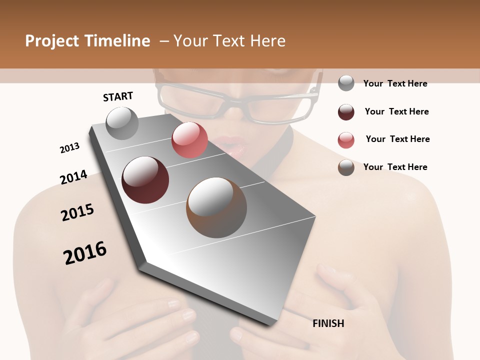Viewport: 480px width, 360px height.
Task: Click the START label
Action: point(118,96)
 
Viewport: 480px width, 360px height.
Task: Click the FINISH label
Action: point(328,323)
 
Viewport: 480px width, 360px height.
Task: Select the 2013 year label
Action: point(69,148)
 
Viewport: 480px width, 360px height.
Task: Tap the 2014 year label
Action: point(73,177)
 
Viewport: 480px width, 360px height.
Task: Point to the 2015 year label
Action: point(77,212)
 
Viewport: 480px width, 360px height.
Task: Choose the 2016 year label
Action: point(85,252)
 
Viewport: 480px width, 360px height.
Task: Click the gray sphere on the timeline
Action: point(122,123)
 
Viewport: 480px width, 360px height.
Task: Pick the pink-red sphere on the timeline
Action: point(189,140)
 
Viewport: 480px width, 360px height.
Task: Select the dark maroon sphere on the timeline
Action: point(145,180)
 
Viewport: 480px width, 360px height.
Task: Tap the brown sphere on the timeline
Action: point(216,207)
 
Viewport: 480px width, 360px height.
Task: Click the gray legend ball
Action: point(346,83)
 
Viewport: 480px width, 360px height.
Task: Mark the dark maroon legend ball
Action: point(346,112)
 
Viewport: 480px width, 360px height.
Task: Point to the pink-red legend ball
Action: point(346,140)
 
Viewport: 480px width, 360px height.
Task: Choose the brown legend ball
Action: point(346,167)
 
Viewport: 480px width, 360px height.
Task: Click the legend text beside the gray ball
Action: point(395,83)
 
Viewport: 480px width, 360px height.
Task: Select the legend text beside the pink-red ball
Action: point(397,139)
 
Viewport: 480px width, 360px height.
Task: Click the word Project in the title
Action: point(52,41)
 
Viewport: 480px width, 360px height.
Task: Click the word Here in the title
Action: point(267,41)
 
